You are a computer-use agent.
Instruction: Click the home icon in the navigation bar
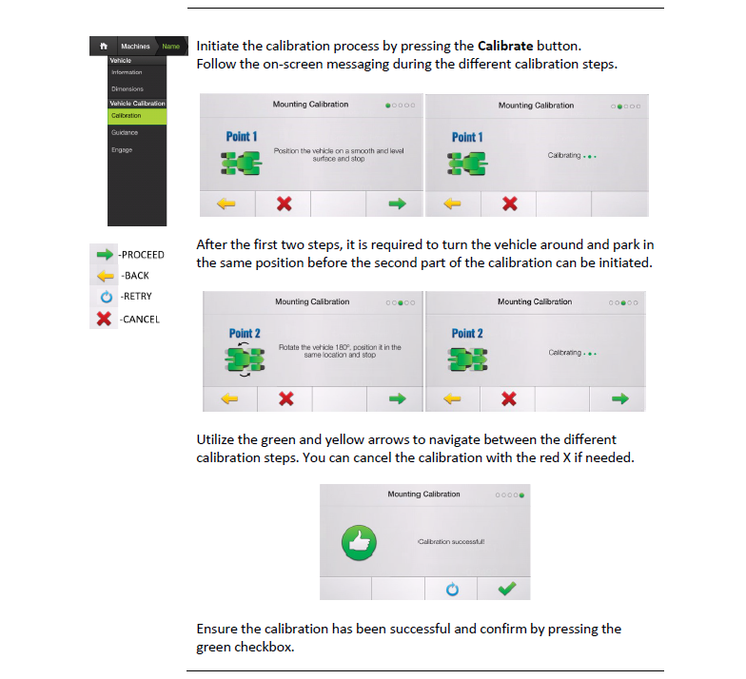(x=104, y=46)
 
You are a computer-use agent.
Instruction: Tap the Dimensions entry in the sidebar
(x=128, y=89)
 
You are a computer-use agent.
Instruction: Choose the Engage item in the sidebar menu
(x=122, y=150)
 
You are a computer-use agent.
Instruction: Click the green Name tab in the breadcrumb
(x=171, y=46)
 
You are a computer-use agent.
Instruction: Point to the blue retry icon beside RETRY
(x=107, y=297)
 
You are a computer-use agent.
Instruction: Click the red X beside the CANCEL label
(x=104, y=319)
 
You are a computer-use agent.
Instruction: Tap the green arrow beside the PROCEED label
(x=105, y=255)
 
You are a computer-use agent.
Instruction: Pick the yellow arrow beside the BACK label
(x=105, y=276)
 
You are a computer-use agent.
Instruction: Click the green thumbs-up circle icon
(x=360, y=542)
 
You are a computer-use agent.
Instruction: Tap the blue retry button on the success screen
(x=452, y=590)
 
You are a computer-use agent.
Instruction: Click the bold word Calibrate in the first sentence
(x=505, y=46)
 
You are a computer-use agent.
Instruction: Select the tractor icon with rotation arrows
(x=245, y=359)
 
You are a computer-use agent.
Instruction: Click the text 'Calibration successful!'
(x=451, y=542)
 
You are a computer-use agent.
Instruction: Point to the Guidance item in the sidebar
(x=125, y=133)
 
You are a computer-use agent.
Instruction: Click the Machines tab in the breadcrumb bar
(x=135, y=46)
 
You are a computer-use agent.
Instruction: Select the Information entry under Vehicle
(x=127, y=72)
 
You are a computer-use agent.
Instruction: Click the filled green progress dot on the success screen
(x=521, y=495)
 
